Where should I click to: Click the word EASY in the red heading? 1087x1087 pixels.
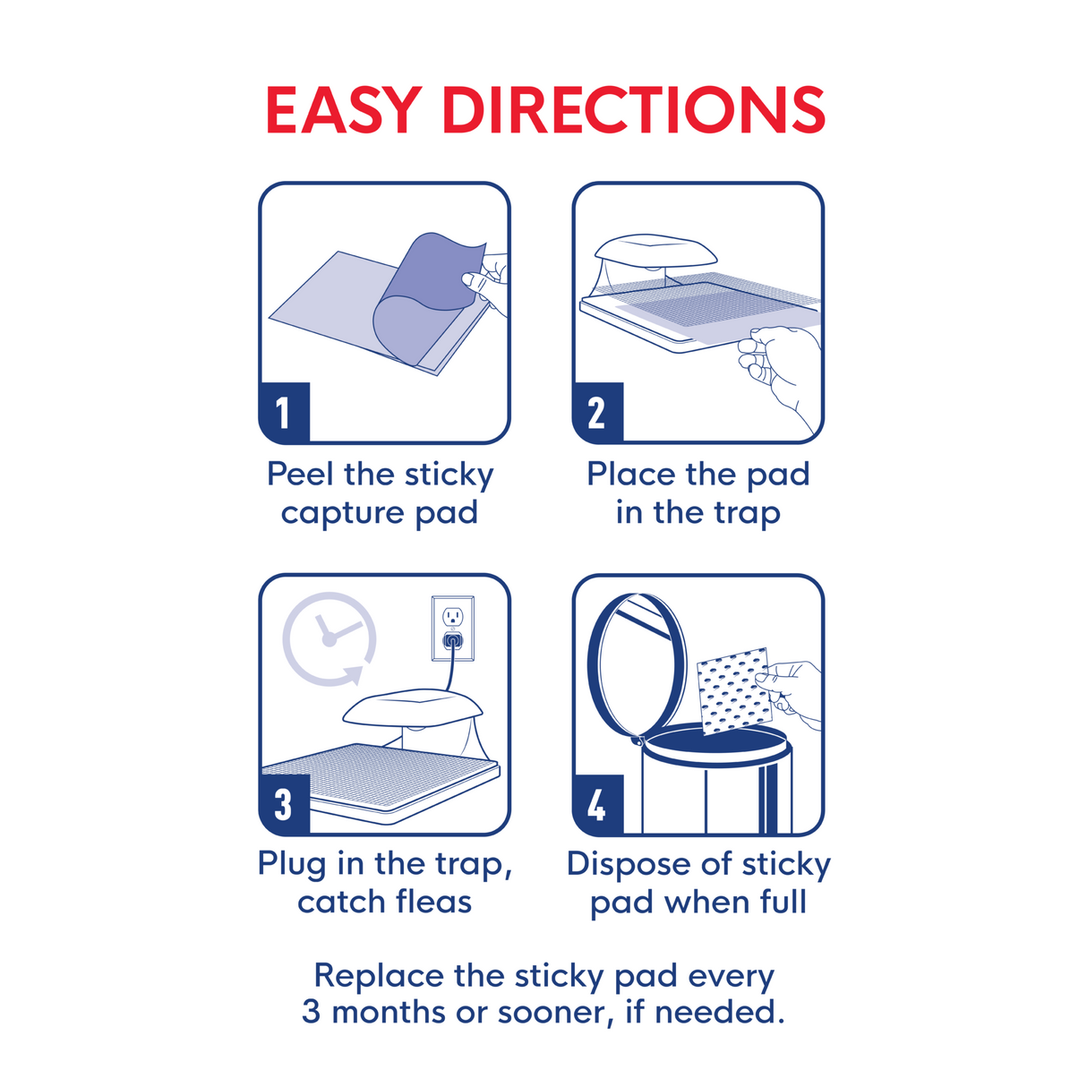click(343, 110)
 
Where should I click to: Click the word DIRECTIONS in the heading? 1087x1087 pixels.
click(634, 110)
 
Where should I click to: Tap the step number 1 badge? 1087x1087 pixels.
click(284, 413)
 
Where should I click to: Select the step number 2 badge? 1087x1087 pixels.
click(597, 413)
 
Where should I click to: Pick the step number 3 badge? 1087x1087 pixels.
click(284, 804)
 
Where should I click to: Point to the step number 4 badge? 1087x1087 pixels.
click(597, 804)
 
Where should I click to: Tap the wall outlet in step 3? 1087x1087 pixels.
click(452, 628)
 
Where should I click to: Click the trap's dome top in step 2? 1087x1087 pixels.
click(643, 250)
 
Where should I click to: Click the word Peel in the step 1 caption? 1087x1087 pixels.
click(301, 474)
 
